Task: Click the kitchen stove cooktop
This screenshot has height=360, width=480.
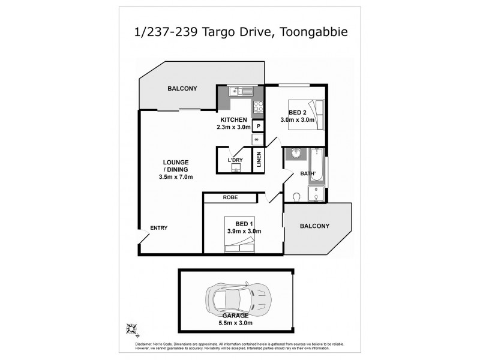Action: coord(259,107)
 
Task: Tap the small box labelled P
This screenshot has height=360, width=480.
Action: coord(258,126)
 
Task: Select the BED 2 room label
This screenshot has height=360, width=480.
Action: coord(295,113)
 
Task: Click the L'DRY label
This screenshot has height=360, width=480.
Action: coord(235,161)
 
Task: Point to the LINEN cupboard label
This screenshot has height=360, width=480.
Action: coord(259,161)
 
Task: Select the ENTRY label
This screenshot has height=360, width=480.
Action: coord(159,227)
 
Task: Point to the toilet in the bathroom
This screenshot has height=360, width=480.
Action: coord(296,196)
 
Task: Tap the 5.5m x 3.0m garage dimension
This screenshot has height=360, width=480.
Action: coord(235,320)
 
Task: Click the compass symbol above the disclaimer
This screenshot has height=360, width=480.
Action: coord(132,328)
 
